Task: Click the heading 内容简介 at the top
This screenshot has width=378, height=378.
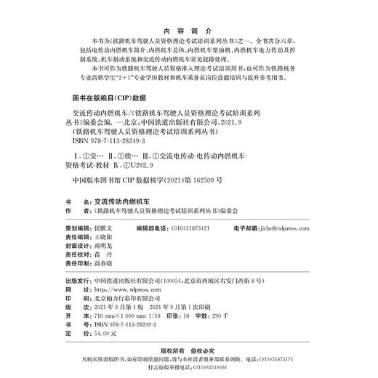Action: click(x=188, y=32)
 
